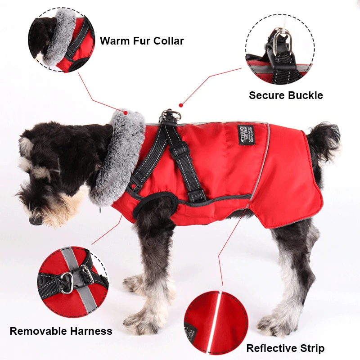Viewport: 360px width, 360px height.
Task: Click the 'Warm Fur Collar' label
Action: click(142, 41)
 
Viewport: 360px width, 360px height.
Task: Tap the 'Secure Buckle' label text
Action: click(286, 95)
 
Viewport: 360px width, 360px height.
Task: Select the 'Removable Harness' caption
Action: click(61, 331)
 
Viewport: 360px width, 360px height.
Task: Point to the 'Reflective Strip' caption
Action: click(285, 348)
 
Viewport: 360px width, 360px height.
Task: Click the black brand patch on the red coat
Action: click(246, 135)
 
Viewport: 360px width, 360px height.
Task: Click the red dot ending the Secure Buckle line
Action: click(180, 105)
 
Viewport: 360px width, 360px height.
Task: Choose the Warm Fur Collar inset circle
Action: click(61, 41)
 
